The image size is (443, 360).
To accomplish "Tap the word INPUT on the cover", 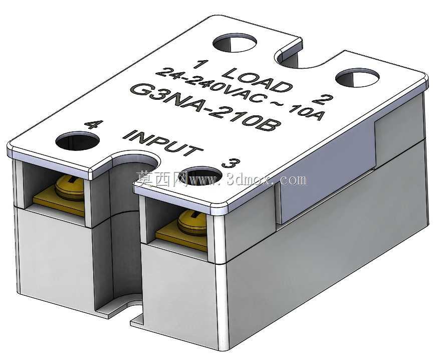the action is pyautogui.click(x=163, y=144).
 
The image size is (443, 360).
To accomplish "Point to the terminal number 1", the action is pyautogui.click(x=201, y=64).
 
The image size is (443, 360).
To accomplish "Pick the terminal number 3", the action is pyautogui.click(x=231, y=163).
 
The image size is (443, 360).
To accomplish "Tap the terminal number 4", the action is pyautogui.click(x=94, y=124).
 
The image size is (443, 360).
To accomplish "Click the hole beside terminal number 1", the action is pyautogui.click(x=235, y=43).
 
